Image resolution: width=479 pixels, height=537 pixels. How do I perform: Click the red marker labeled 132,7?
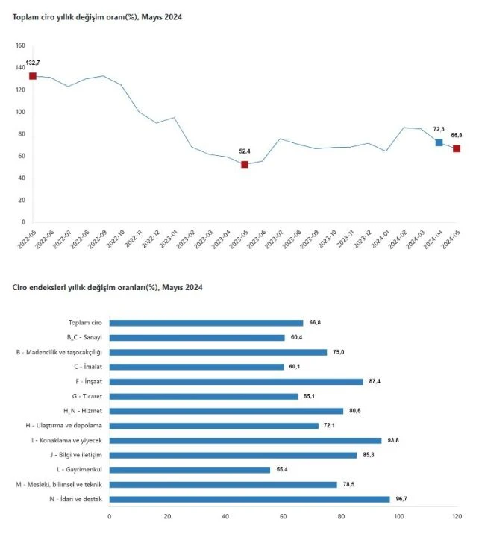(33, 76)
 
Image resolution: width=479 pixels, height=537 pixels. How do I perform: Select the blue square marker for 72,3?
(439, 142)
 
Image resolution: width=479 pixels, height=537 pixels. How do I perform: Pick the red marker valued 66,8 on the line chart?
(456, 148)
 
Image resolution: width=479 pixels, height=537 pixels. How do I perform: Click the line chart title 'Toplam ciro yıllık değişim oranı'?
(96, 16)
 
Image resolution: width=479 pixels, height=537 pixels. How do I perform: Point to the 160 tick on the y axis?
(20, 46)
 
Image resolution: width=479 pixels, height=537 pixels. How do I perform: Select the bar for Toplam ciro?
(206, 323)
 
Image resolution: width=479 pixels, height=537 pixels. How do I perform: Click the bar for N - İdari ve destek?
(249, 499)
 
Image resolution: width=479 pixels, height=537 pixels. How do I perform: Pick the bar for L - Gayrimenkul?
(190, 470)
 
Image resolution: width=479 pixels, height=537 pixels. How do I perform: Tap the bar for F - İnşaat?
(236, 382)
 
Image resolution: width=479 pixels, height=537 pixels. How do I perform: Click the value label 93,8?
(392, 441)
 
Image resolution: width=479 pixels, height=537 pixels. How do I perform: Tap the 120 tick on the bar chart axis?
(457, 516)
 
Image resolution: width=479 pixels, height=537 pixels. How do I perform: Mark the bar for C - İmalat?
(196, 367)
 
